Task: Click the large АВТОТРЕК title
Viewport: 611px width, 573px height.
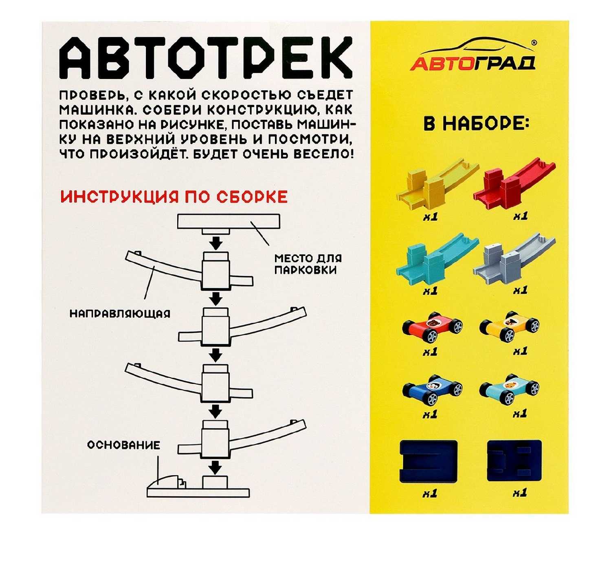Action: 206,58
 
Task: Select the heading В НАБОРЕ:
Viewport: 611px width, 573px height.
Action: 477,124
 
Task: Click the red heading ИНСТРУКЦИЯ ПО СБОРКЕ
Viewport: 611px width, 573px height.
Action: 174,197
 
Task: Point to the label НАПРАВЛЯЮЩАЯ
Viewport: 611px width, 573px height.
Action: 120,314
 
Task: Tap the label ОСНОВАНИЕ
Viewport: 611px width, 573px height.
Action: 124,445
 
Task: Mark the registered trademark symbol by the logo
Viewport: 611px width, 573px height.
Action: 534,43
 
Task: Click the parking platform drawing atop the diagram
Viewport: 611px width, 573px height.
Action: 229,224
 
